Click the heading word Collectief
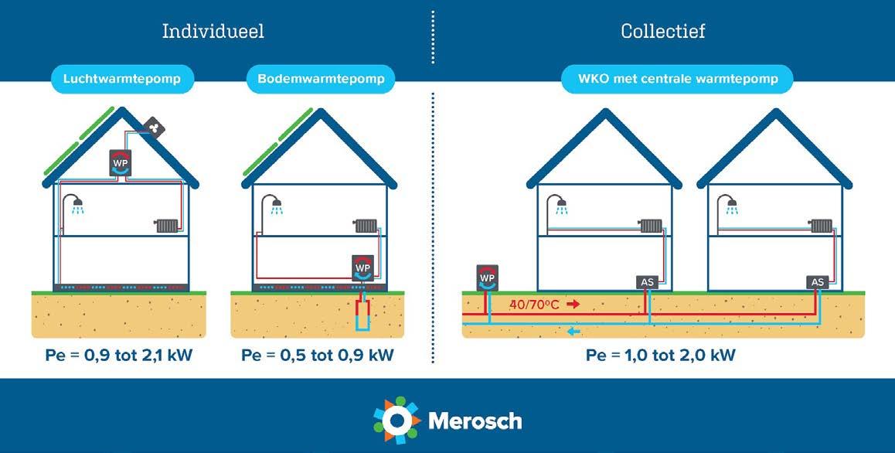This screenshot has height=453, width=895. pos(662,32)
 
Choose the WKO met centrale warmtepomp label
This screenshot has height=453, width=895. pos(677,79)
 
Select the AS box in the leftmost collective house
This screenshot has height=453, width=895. pos(647,282)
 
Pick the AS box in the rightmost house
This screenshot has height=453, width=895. pos(817,282)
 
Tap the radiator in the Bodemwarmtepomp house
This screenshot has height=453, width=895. pos(366,226)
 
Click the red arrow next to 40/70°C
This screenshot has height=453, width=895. pos(573,305)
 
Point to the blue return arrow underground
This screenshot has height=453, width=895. pos(573,332)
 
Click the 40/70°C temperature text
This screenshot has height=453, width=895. pos(534,305)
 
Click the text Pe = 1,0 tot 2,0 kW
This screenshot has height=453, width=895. pos(660,356)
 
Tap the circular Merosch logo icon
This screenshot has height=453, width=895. pos(396,420)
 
